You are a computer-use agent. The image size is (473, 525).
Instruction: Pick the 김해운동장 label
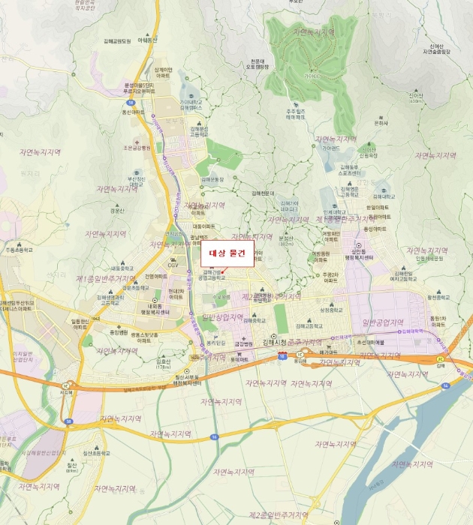212,180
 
